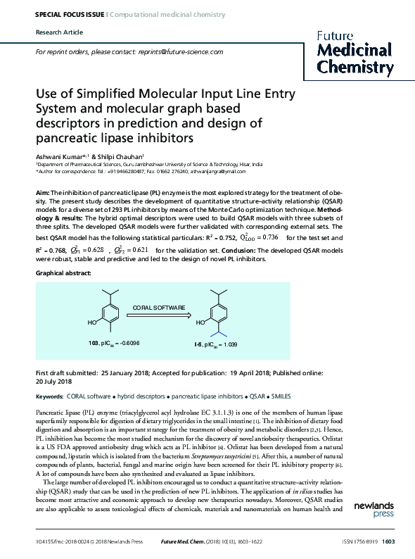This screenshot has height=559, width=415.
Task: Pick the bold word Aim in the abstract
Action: pos(42,191)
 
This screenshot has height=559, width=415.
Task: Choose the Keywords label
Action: pos(51,397)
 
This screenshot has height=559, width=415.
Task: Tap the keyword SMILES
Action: pos(281,397)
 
